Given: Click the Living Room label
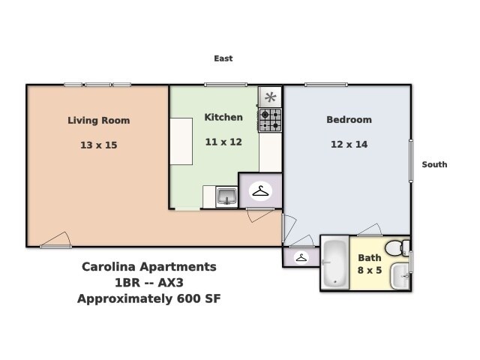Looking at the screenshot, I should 98,120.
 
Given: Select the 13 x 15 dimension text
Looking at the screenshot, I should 98,145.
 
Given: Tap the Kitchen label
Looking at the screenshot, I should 223,117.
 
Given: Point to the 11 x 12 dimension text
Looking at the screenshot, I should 223,142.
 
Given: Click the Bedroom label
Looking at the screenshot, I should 349,120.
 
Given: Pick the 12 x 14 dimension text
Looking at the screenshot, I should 349,145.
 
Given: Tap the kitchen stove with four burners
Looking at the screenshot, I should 270,120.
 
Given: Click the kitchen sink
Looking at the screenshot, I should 226,197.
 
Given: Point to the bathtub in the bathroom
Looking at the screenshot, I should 334,263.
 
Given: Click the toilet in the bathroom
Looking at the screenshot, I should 396,247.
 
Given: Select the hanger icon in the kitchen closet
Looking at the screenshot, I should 260,191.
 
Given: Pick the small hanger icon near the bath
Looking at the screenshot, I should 301,257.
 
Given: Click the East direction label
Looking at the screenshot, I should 223,58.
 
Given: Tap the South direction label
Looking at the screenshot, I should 434,164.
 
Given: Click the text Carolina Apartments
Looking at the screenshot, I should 148,267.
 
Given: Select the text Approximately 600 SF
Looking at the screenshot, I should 148,298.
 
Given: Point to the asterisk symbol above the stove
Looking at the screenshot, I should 270,97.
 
